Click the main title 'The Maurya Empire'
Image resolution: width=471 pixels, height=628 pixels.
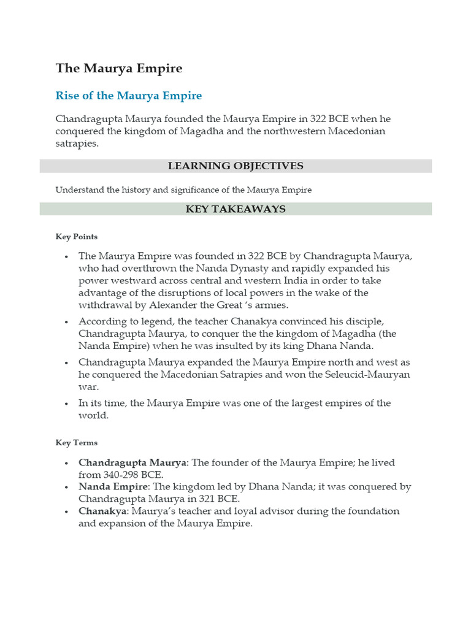click(x=119, y=68)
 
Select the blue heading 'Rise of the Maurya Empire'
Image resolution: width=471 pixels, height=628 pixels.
click(x=129, y=96)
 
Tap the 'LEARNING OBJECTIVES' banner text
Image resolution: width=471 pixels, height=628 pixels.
click(x=235, y=166)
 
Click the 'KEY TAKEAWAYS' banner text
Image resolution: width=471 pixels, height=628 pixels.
click(x=235, y=209)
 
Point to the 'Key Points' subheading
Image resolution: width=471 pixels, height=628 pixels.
click(x=76, y=237)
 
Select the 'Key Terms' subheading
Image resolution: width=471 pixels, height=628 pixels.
click(x=76, y=443)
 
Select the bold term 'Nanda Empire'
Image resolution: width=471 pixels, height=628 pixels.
click(x=113, y=486)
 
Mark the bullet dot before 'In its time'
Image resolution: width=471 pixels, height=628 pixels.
click(x=65, y=404)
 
